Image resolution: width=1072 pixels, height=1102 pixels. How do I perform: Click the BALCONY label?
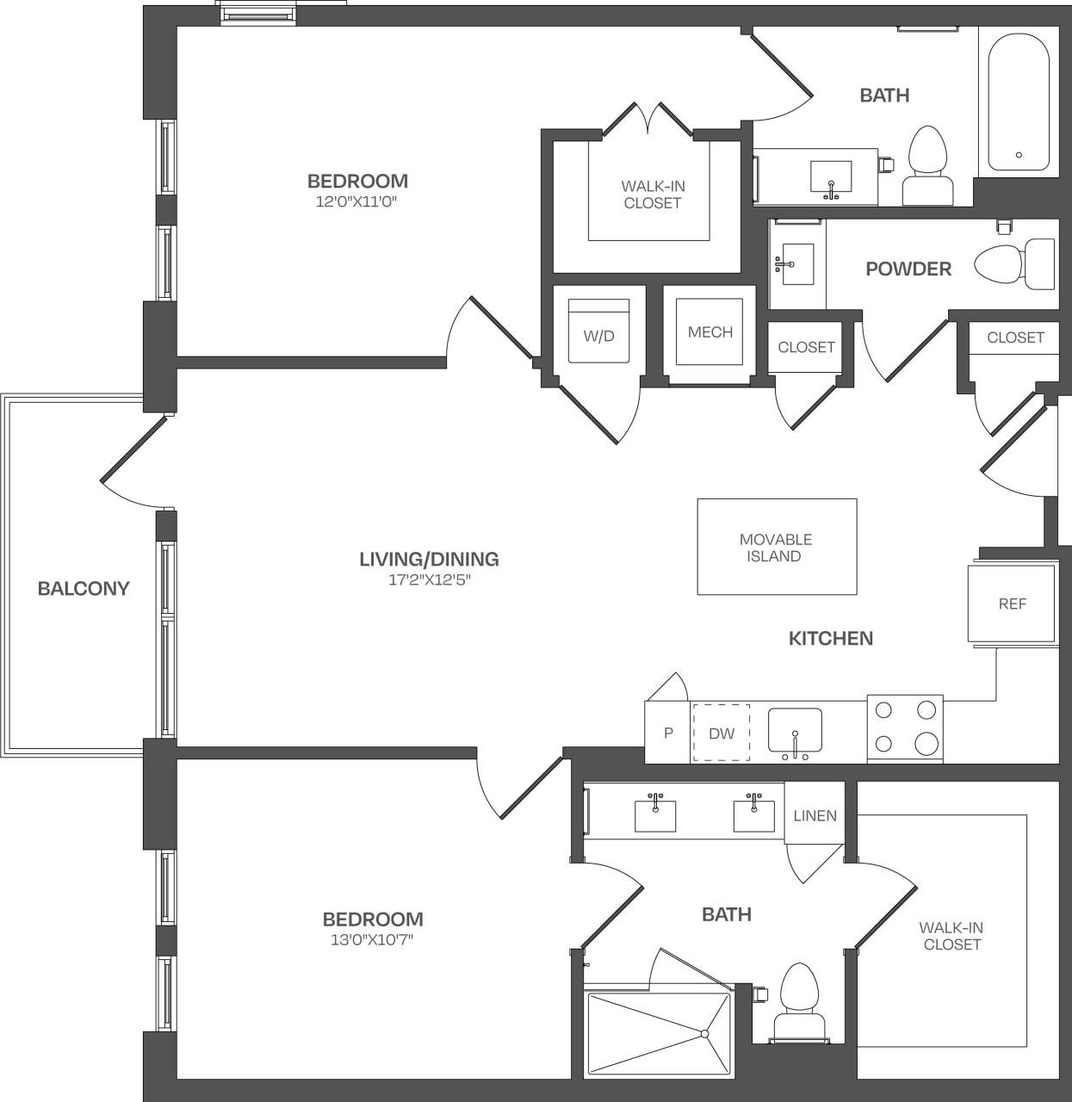click(84, 589)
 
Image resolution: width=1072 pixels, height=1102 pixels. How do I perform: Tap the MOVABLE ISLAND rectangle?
click(776, 547)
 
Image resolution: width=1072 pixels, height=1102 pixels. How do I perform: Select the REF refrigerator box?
click(1012, 604)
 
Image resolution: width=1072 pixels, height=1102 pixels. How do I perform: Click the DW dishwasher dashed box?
click(722, 733)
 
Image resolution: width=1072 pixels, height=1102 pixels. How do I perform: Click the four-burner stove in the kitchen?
click(904, 727)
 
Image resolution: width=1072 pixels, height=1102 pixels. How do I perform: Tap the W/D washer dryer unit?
click(599, 332)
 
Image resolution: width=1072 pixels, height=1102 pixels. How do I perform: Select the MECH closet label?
click(710, 332)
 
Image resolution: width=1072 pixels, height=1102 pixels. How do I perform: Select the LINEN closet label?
click(815, 815)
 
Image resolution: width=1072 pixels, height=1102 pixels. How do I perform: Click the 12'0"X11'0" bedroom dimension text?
click(357, 201)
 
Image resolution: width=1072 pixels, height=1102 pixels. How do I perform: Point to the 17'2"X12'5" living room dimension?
click(429, 579)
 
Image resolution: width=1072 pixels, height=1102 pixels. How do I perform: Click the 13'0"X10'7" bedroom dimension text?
click(372, 939)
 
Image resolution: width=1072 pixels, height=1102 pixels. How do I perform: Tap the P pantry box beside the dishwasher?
click(667, 733)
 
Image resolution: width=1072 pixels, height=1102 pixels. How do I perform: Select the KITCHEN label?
click(831, 638)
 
